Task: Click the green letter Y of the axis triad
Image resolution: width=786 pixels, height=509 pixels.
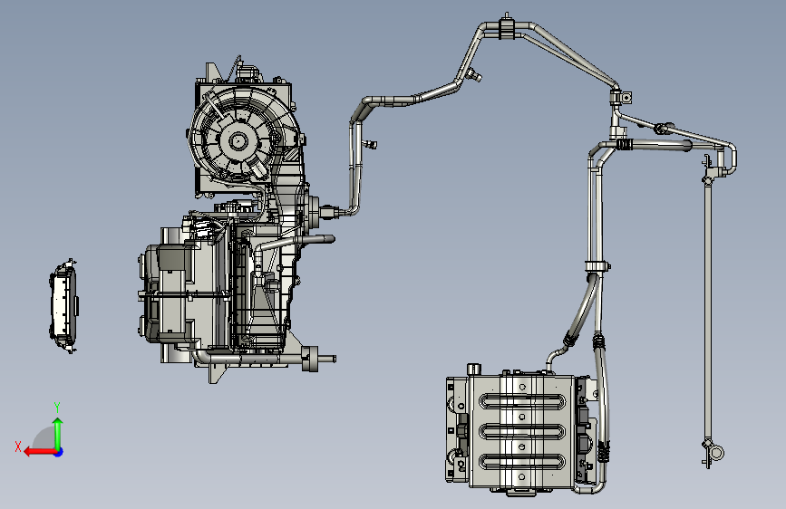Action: (57, 407)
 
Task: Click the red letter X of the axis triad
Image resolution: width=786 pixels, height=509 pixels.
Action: (18, 447)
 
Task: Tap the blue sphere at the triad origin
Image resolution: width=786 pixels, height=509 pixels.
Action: (59, 452)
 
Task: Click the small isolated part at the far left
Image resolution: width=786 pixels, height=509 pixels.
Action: (63, 306)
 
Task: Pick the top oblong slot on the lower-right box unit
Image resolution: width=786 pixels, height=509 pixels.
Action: (522, 401)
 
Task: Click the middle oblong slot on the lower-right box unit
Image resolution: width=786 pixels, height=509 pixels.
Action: (522, 431)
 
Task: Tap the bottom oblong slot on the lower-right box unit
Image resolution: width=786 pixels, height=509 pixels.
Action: (522, 461)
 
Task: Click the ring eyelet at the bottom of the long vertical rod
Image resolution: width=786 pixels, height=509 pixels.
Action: (717, 454)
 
